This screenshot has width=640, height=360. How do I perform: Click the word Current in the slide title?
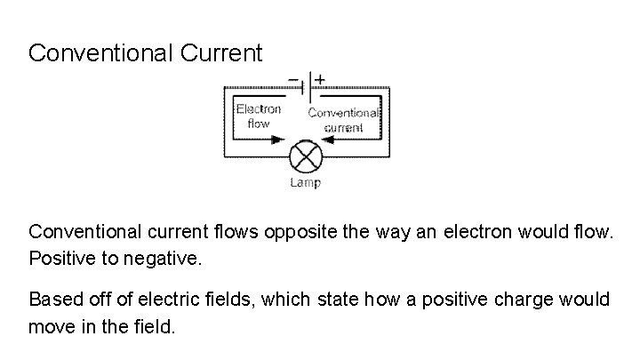point(221,53)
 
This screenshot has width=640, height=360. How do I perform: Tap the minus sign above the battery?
point(292,77)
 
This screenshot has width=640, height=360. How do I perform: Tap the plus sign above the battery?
point(319,77)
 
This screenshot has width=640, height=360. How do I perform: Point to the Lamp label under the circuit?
point(306,183)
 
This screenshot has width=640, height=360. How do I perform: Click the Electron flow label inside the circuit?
point(259,116)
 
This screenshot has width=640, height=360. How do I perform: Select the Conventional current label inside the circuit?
point(344,120)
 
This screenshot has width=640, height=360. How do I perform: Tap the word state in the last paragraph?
point(333,300)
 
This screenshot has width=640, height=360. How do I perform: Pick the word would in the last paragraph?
point(586,300)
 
